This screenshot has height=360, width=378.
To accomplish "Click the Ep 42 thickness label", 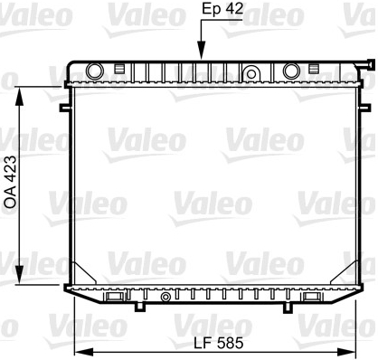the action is (x=222, y=9).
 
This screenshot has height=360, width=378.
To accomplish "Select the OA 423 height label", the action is (x=11, y=182).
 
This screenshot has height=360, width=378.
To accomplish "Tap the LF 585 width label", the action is (x=218, y=343).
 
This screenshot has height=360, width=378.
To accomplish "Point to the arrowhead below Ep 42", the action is (x=202, y=51).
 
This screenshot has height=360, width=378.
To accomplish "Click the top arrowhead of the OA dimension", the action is (x=20, y=97).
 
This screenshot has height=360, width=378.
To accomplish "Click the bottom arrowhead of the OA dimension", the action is (x=20, y=275).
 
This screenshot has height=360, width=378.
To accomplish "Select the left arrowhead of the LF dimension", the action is (x=83, y=352).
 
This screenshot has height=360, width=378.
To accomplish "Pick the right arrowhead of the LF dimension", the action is (x=347, y=352).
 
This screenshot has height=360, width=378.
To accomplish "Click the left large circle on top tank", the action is (x=95, y=71).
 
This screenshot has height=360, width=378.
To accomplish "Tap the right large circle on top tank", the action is (x=291, y=71).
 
